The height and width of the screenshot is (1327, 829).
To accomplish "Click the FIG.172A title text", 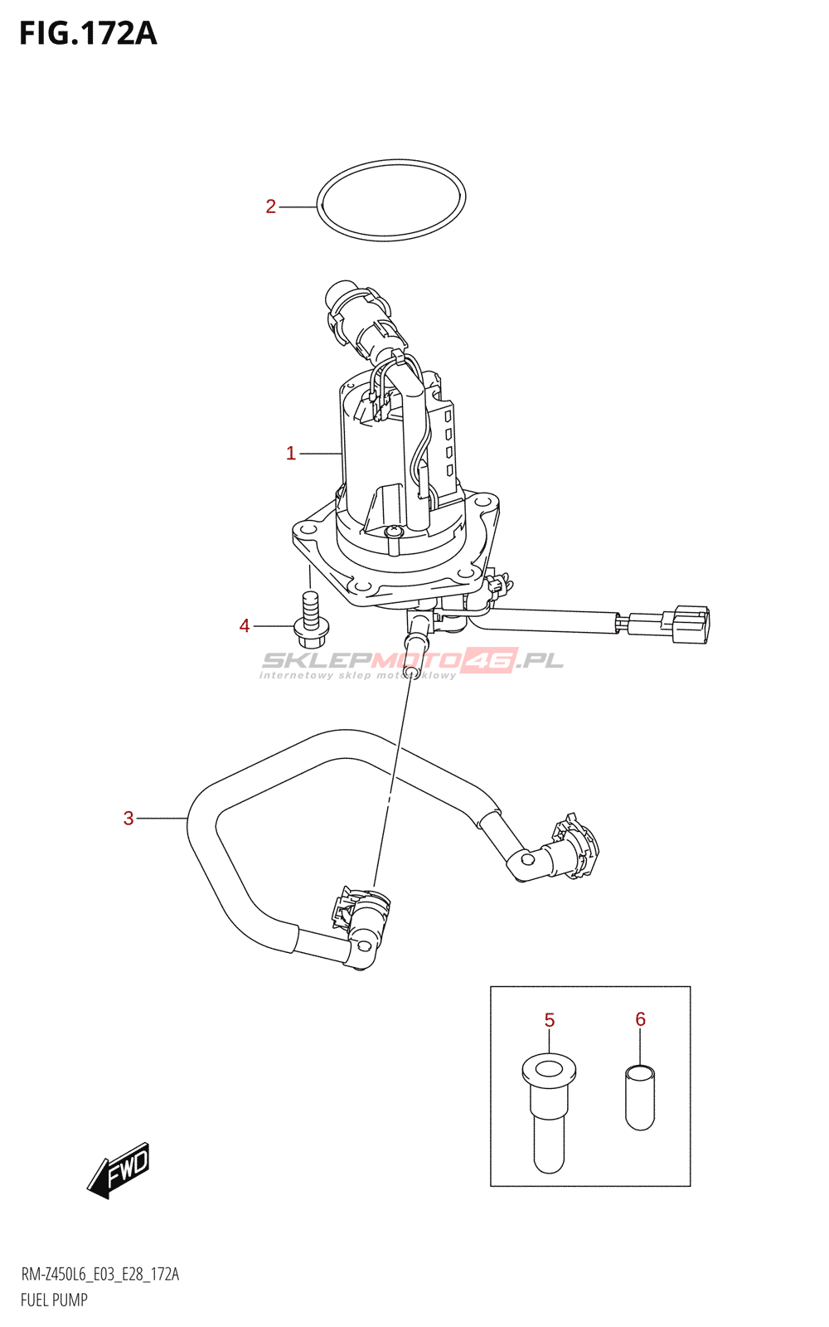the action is coord(88,33).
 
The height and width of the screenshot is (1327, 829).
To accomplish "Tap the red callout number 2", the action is coord(270,207).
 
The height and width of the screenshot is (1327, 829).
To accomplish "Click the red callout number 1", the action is coord(291,454).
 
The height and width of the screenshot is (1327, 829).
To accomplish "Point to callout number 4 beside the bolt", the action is coord(245,626).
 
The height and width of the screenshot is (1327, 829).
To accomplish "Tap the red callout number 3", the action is coord(128,819).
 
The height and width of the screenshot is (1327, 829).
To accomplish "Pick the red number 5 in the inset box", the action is coord(550,1020).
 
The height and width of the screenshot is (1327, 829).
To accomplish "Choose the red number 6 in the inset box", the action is coord(640,1019).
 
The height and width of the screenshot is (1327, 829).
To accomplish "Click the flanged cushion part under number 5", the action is coord(549,1111).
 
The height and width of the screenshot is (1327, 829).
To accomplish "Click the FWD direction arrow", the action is coord(119,1169).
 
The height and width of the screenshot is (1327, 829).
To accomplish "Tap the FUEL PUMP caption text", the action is coord(54,1300).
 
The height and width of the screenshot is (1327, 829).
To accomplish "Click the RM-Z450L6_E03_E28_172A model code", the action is coord(99,1275).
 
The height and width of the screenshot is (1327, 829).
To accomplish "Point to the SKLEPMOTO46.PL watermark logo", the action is coord(412,663).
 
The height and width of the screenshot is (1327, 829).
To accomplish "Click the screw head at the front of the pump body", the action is coord(393,531).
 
